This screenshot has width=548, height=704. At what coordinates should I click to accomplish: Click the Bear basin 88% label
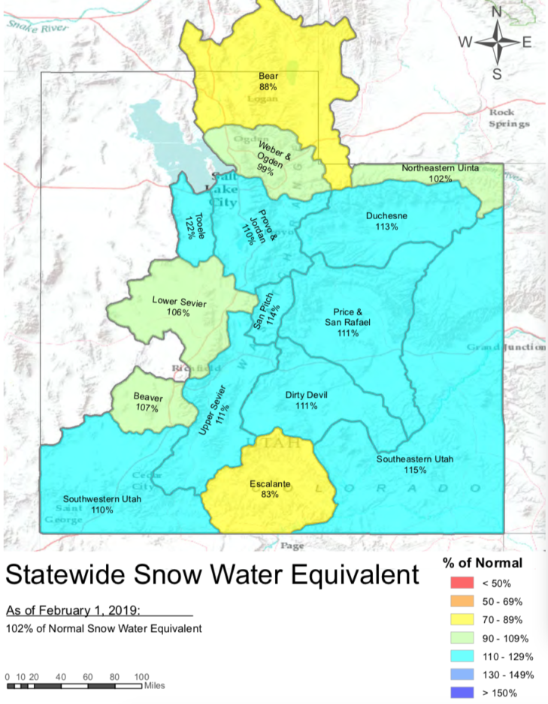pos(268,81)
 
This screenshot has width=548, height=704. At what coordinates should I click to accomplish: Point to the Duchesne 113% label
pos(386,221)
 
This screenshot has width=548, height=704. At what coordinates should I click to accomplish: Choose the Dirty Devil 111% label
pos(306,400)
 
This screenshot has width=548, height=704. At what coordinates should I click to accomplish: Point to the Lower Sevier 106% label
pos(179,306)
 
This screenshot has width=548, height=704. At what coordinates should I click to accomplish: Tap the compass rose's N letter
pos(496,11)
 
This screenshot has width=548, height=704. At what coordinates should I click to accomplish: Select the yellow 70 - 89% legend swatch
pos(461,620)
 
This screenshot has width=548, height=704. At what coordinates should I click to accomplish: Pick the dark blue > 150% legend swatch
pos(461,692)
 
